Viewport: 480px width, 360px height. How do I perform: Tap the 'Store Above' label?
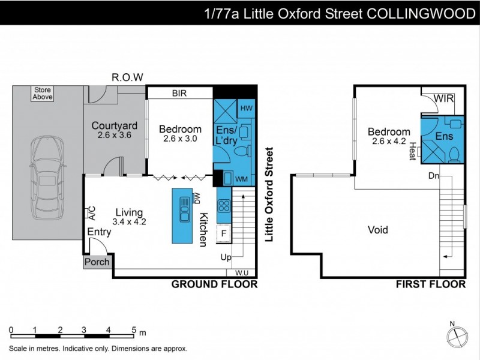tap(43, 93)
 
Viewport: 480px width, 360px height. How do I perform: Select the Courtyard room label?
tap(115, 126)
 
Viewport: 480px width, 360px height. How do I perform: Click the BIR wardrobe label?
tap(179, 94)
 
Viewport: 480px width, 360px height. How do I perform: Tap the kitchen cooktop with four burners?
tap(224, 206)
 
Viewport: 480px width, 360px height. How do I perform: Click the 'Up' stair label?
tap(227, 258)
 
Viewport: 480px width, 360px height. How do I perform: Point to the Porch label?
tap(97, 262)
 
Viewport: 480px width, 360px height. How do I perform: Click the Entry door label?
tap(98, 232)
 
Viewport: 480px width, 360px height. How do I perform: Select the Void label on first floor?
tap(378, 230)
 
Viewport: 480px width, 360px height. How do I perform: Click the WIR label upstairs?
tap(444, 98)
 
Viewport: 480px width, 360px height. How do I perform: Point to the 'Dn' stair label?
tap(434, 176)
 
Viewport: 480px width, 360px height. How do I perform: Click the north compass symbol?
tap(457, 334)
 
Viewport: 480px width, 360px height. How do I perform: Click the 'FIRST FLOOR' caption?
tap(431, 284)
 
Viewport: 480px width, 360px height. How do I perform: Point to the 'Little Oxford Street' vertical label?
tap(269, 194)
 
